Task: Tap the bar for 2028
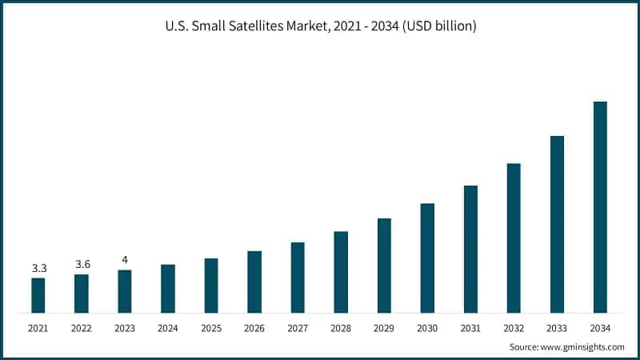tap(341, 271)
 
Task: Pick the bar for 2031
tap(470, 249)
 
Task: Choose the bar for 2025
tap(211, 285)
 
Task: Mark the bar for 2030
tap(427, 258)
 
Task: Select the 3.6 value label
tap(82, 265)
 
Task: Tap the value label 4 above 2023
tap(125, 260)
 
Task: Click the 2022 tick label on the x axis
tap(82, 328)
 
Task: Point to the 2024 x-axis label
tap(168, 328)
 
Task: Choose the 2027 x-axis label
tap(298, 328)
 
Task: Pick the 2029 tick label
tap(384, 328)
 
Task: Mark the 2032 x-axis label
tap(514, 328)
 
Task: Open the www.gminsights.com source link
tap(584, 347)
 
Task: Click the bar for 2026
tap(254, 282)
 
